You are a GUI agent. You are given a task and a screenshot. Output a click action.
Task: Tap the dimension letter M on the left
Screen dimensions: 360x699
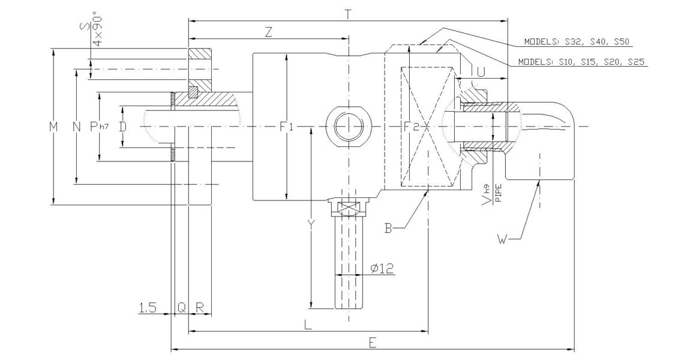pos(54,127)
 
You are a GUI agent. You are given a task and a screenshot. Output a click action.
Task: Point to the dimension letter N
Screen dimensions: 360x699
pos(76,127)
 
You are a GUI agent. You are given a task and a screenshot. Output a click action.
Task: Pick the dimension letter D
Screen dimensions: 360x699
pos(122,127)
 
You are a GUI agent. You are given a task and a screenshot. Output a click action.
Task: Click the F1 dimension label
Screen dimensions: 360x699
pos(287,127)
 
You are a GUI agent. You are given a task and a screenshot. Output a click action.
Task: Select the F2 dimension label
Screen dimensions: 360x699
pos(412,127)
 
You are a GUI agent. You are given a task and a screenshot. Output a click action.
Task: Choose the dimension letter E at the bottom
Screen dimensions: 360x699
pos(373,342)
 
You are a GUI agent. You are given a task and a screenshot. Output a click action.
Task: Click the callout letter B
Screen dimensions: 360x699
pos(389,227)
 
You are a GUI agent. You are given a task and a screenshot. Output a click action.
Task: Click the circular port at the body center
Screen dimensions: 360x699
pos(348,127)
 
